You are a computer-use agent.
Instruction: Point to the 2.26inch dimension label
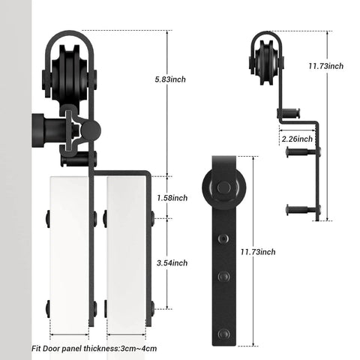coord(295,139)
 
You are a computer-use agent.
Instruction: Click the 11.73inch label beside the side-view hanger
coord(326,66)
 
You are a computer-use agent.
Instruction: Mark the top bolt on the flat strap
coord(222,238)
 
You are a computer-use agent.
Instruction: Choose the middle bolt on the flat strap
coord(222,277)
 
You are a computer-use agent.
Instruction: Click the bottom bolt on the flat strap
coord(222,315)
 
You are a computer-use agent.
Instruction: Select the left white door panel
coord(69,251)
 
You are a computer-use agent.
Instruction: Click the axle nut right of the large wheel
coord(95,77)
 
